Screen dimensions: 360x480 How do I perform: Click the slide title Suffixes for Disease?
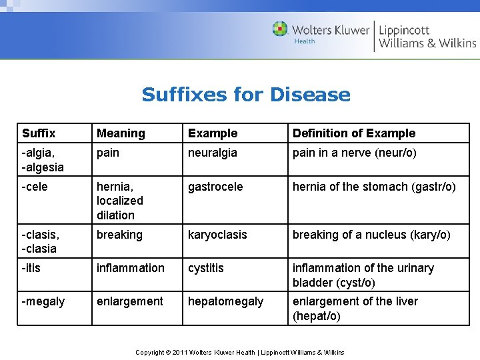point(245,95)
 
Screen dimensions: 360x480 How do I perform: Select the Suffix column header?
point(39,133)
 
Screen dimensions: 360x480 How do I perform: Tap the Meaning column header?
point(121,133)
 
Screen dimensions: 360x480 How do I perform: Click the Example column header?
point(212,133)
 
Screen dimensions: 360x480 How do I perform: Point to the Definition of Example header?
point(353,133)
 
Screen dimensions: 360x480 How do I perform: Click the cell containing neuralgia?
point(212,153)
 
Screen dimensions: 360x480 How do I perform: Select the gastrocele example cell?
point(215,187)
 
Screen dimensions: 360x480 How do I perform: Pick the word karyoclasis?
point(217,235)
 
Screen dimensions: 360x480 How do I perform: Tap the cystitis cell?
point(206,268)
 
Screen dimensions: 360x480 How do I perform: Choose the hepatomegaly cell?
point(225,301)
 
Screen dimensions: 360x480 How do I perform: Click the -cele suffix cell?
point(35,187)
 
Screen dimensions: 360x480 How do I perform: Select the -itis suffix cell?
point(32,268)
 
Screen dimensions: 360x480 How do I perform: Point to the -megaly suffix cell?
point(43,301)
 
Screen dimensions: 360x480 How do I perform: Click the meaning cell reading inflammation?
point(130,268)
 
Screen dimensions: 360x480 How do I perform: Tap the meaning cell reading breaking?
point(119,235)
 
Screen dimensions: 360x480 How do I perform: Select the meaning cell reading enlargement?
point(129,301)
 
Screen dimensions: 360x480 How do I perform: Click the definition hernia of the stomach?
point(374,187)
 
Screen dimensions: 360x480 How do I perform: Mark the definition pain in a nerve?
point(354,153)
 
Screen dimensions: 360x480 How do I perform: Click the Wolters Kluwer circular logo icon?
point(280,29)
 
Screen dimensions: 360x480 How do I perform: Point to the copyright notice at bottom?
point(240,352)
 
